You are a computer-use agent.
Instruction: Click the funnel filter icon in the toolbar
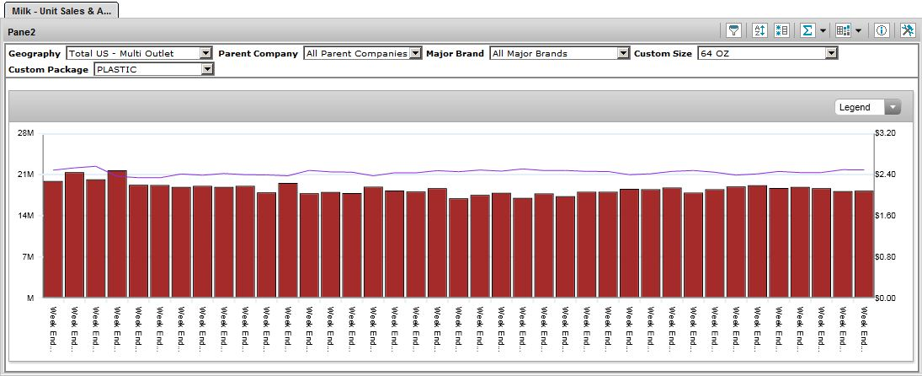click(734, 30)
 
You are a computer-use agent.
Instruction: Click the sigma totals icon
click(807, 30)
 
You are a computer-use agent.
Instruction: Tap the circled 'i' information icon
click(882, 30)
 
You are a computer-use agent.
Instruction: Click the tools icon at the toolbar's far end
click(907, 30)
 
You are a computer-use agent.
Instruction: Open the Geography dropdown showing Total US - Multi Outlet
click(139, 53)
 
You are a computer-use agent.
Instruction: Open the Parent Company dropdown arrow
click(414, 53)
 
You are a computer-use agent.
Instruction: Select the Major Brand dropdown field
click(559, 53)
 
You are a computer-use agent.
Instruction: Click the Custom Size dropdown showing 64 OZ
click(767, 53)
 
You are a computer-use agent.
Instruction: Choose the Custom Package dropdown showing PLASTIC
click(153, 69)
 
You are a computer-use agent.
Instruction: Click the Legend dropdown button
click(867, 107)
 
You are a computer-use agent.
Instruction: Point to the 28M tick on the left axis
click(25, 133)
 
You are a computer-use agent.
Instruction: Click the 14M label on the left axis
click(25, 216)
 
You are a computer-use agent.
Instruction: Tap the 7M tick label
click(27, 257)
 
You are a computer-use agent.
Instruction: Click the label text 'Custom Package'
click(48, 69)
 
